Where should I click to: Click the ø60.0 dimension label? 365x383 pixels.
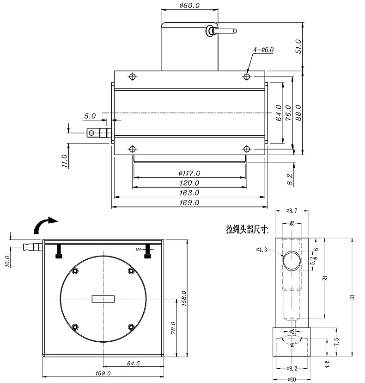[x=189, y=6]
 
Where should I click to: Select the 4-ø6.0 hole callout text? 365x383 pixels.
[x=263, y=50]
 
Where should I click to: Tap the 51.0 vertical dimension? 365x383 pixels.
[x=298, y=46]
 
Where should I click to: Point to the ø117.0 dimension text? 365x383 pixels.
[x=189, y=173]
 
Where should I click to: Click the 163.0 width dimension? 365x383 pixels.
[x=189, y=193]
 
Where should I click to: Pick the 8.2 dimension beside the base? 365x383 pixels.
[x=290, y=180]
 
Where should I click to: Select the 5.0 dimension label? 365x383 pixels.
[x=90, y=116]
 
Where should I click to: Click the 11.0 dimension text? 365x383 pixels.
[x=64, y=161]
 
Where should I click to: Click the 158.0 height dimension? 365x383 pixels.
[x=184, y=298]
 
